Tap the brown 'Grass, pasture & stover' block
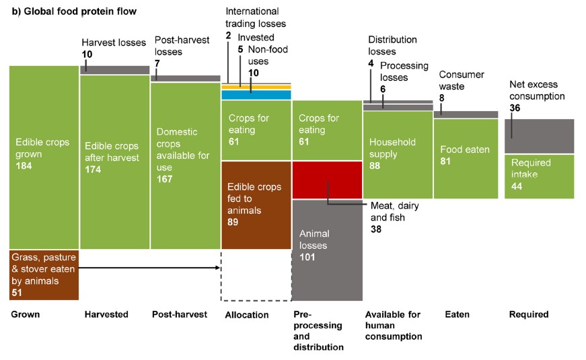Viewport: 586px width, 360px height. (44, 274)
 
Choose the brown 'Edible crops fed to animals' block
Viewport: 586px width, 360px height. (256, 205)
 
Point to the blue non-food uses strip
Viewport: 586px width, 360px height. (256, 95)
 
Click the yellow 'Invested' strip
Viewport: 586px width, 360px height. (256, 87)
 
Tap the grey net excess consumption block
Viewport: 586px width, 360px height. (539, 136)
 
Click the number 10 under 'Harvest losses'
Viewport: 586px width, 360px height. (87, 54)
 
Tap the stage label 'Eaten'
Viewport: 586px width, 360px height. (457, 314)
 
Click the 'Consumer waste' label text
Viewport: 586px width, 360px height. (462, 80)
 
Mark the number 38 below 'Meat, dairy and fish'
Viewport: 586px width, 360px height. (377, 229)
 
